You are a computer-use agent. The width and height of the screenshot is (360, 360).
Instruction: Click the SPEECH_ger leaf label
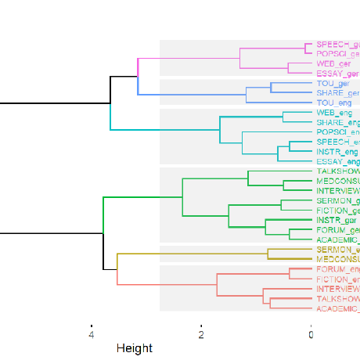(x=337, y=44)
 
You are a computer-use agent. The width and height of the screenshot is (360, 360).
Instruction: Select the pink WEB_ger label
(x=333, y=63)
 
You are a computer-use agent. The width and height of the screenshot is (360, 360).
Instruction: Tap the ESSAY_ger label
(x=337, y=73)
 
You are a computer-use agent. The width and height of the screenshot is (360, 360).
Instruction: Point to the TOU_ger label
(x=333, y=83)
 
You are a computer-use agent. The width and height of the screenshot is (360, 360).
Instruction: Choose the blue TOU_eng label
(x=333, y=103)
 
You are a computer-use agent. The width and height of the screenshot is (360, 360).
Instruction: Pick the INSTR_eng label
(x=337, y=152)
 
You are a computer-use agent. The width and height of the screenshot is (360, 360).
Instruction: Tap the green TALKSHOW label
(x=337, y=171)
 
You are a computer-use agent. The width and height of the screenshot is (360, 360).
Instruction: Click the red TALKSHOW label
(x=337, y=299)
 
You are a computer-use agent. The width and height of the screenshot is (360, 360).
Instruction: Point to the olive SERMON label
(x=337, y=250)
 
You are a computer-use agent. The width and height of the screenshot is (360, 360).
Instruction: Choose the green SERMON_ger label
(x=337, y=201)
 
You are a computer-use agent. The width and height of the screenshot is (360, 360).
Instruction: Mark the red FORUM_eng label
(x=337, y=269)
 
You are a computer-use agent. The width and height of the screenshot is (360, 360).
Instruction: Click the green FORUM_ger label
(x=337, y=231)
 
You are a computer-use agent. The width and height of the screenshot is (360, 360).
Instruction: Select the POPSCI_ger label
(x=337, y=53)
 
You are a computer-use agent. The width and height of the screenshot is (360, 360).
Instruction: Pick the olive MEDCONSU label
(x=337, y=259)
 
